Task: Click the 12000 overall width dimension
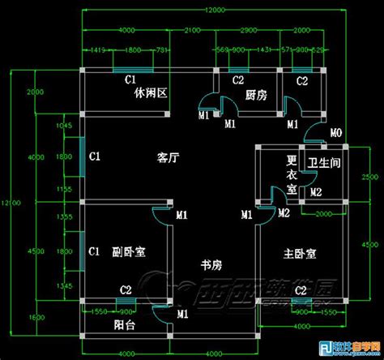tap(214, 10)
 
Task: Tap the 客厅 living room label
tap(167, 158)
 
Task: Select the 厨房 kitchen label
tap(255, 96)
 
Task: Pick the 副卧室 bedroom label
tap(129, 252)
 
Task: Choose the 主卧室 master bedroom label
tap(300, 253)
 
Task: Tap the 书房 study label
tap(212, 264)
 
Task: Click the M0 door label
tap(335, 132)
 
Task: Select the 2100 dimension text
tap(192, 30)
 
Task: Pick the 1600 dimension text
tap(30, 317)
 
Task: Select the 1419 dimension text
tap(100, 50)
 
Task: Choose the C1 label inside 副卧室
tap(94, 251)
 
